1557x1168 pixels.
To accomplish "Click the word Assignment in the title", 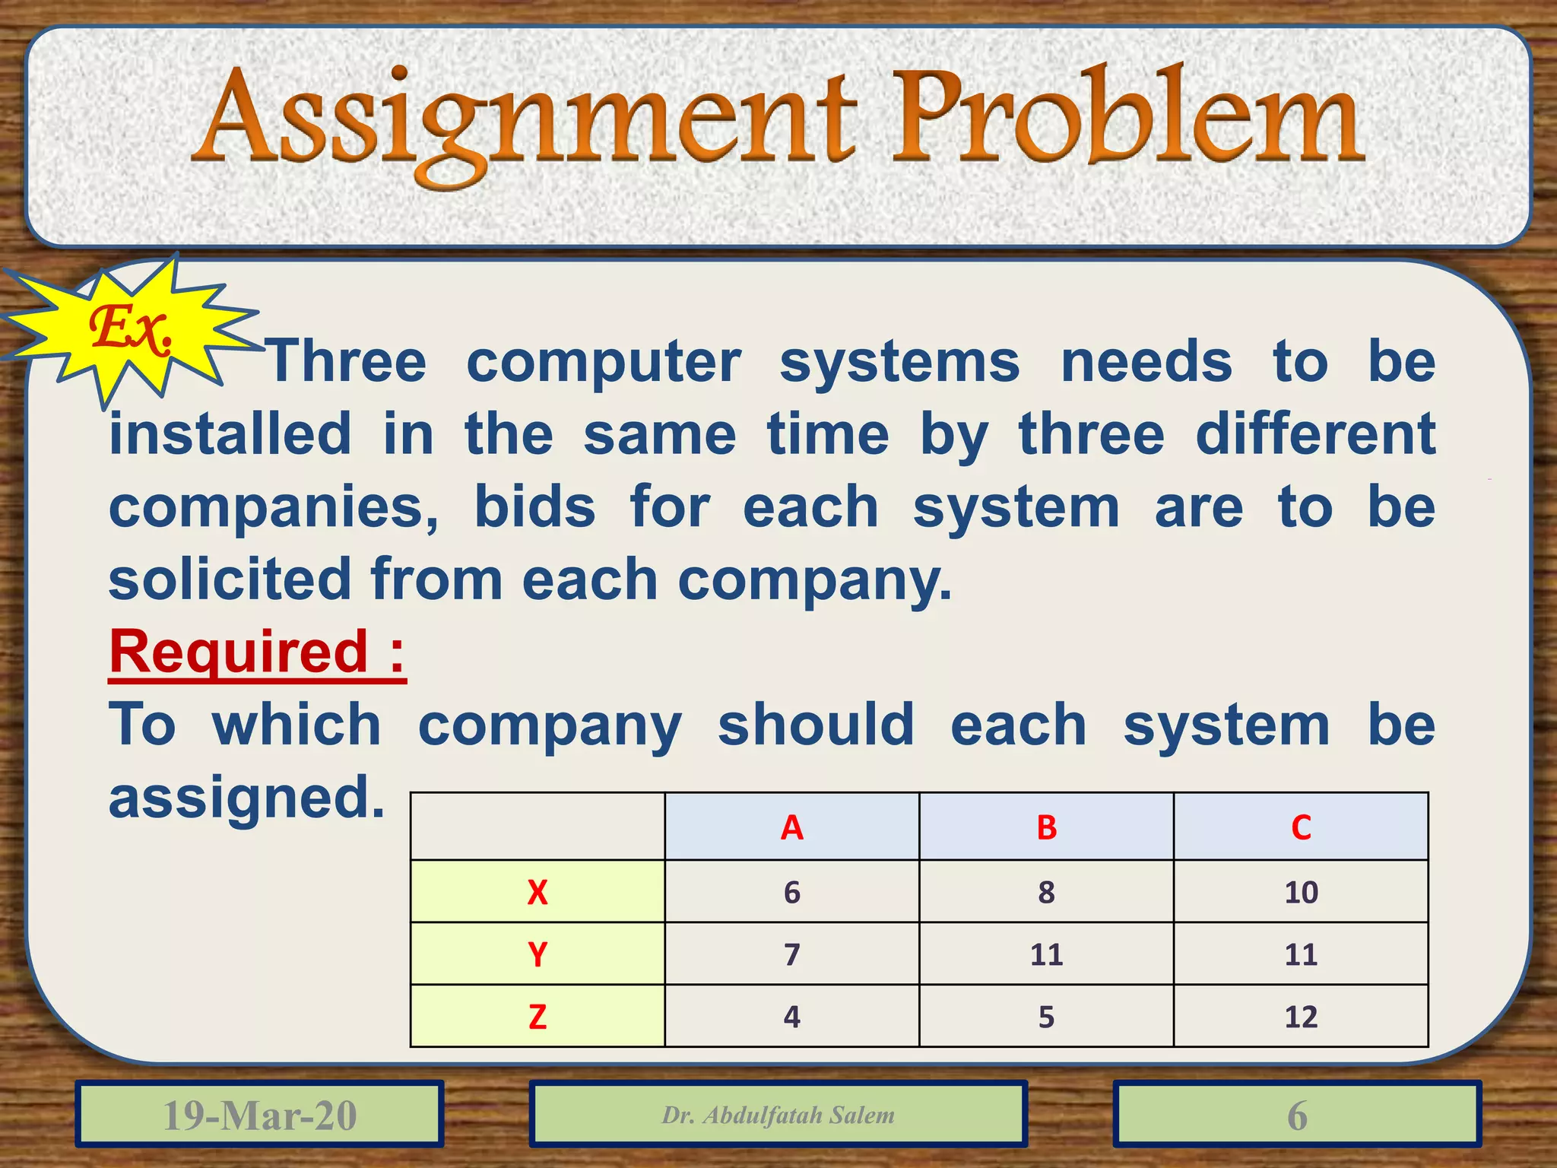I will point(525,122).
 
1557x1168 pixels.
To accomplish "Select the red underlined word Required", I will point(239,652).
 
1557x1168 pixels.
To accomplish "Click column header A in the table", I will point(791,827).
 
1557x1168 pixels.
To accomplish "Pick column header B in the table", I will point(1046,827).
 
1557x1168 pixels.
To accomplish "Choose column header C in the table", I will point(1301,827).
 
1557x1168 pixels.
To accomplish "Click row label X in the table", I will point(537,892).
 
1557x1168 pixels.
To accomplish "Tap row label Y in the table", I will point(537,954).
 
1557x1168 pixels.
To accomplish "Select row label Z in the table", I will point(537,1017).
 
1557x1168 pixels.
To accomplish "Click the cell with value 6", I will point(791,892).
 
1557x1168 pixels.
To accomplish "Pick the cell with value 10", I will point(1301,892).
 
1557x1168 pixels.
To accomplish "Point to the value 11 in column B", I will point(1046,954).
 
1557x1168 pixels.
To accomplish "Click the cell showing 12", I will point(1301,1017).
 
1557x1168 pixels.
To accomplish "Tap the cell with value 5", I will point(1046,1017).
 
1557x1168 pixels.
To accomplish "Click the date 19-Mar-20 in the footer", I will point(259,1115).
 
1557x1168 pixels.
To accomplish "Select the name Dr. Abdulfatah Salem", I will point(778,1115).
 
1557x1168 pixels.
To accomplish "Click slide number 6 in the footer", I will point(1297,1115).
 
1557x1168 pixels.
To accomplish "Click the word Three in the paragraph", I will point(347,362).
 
